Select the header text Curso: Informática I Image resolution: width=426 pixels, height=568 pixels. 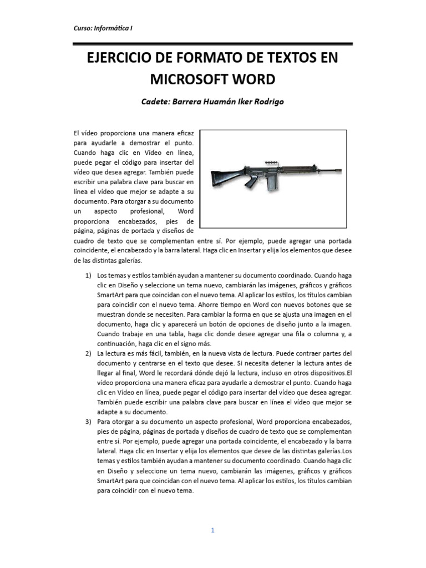103,28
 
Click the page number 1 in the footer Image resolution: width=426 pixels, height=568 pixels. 212,530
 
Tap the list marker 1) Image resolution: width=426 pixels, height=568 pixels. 89,275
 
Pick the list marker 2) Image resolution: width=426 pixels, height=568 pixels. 89,353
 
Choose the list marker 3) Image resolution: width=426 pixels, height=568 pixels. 89,422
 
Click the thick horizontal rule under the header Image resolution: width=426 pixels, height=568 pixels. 212,43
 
